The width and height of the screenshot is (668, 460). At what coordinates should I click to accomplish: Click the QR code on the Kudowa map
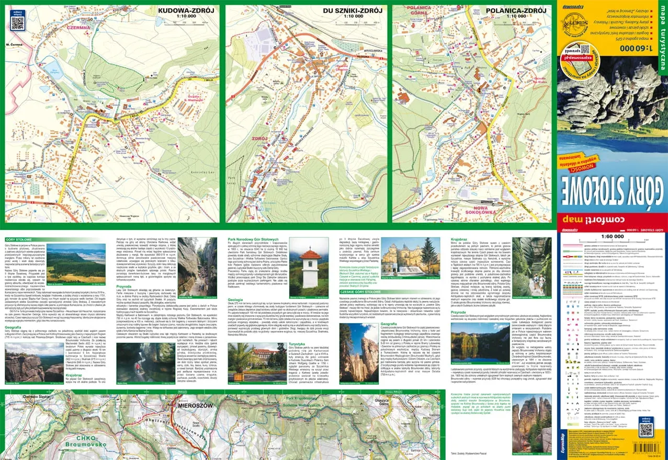coord(17,22)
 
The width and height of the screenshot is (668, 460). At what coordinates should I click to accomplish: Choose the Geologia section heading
coord(235,300)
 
